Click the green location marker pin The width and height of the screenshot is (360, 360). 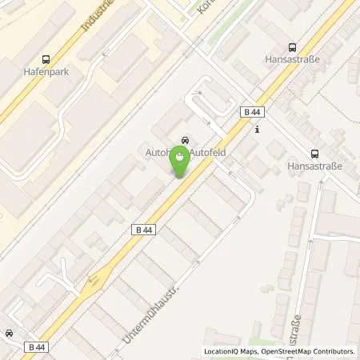181,162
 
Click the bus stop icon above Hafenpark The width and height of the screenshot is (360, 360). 45,58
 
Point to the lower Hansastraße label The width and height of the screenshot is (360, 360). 314,167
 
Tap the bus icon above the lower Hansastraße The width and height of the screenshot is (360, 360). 314,154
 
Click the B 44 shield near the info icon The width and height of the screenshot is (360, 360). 250,114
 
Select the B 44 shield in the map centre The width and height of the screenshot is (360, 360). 142,230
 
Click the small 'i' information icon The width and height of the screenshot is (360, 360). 257,130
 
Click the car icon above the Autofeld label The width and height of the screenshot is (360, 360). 186,138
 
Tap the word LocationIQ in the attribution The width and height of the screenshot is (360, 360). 222,351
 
